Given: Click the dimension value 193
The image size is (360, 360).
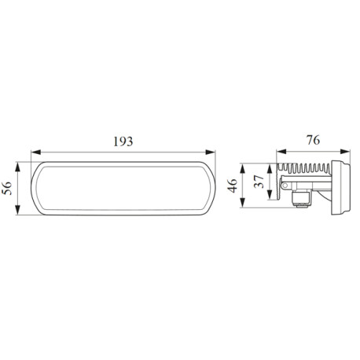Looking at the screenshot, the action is click(123, 141).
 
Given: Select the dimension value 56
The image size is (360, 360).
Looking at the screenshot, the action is click(7, 188).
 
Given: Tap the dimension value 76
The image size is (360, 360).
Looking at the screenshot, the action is click(314, 140).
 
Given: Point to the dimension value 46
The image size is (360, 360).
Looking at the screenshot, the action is click(232, 186).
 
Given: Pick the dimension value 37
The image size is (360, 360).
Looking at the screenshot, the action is click(259, 182).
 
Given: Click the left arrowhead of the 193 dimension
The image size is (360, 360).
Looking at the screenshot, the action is click(36, 152).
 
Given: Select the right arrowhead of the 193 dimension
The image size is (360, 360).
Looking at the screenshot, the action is click(211, 152).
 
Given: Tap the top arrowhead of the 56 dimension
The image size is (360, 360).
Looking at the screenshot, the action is click(17, 167).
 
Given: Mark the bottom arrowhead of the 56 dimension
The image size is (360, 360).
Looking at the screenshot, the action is click(17, 210).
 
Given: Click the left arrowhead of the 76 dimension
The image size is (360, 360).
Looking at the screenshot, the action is click(281, 152).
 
